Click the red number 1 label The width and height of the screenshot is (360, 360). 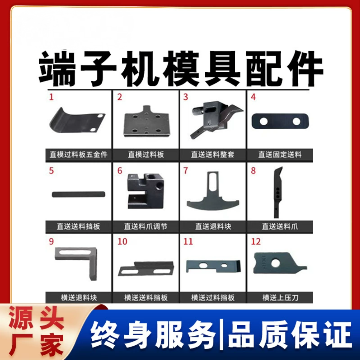click(51, 97)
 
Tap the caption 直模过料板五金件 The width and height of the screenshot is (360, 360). click(79, 155)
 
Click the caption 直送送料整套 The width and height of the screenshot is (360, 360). click(213, 155)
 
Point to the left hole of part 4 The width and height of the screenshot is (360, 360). click(264, 122)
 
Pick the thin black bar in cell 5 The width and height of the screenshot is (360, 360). click(78, 194)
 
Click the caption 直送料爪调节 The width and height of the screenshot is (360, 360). click(146, 227)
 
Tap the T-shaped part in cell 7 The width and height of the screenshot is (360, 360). click(213, 196)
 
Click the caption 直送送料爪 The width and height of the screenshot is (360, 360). click(280, 227)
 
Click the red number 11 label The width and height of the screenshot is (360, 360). click(188, 241)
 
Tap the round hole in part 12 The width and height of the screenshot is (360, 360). click(275, 263)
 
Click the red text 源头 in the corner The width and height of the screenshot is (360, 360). click(36, 319)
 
